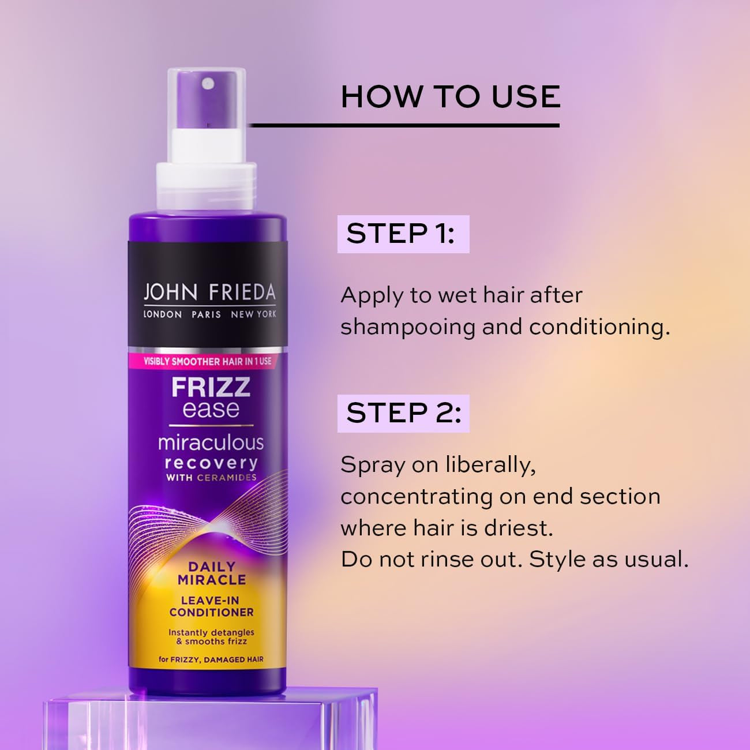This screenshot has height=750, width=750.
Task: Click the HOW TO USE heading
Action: point(451,96)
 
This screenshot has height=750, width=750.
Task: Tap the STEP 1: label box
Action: point(403,234)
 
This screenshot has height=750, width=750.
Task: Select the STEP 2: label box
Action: point(403,413)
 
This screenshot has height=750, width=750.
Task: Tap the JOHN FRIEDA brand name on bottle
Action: point(209,292)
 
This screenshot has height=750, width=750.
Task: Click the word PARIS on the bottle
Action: point(206,314)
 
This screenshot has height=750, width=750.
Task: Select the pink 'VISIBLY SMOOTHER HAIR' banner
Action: point(207,361)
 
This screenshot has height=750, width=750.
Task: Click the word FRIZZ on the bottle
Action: point(211,387)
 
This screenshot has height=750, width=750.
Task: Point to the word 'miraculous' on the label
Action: point(211,442)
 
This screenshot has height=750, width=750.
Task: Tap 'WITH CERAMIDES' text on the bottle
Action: point(211,478)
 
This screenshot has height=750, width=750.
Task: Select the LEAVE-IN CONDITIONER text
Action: point(211,606)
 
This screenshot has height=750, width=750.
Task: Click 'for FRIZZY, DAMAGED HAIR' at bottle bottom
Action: point(211,659)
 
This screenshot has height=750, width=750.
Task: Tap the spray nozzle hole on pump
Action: point(208,84)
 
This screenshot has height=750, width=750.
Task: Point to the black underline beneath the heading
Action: point(404,125)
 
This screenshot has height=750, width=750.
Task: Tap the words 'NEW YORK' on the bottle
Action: point(253,314)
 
